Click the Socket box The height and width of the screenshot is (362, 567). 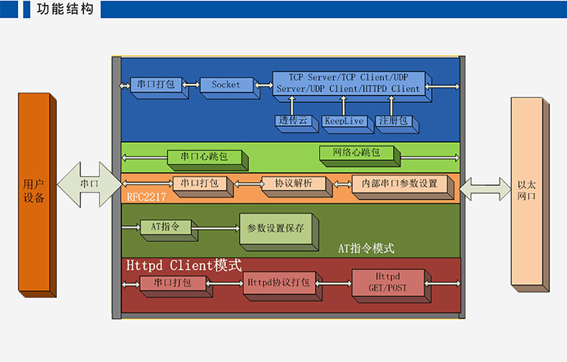[x=226, y=85]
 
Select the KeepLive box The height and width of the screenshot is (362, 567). [x=345, y=121]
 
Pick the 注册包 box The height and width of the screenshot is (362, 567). [x=393, y=121]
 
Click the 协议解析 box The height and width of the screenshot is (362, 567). [x=294, y=184]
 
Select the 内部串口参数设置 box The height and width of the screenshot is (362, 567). [x=399, y=184]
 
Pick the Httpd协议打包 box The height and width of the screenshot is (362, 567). [x=277, y=283]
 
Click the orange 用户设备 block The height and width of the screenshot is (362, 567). [x=34, y=192]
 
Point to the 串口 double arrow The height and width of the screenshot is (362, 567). [x=89, y=184]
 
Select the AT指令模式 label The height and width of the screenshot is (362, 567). [x=366, y=249]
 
